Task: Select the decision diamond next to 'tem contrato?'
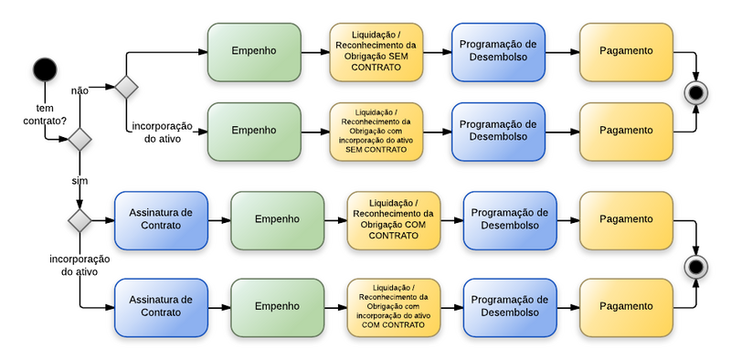point(79,140)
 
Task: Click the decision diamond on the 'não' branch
point(125,87)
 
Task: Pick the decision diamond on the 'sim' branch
point(79,220)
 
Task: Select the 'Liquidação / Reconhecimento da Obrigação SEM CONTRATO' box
point(376,51)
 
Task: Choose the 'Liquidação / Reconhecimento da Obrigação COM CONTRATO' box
point(393,220)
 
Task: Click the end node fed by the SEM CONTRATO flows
point(697,91)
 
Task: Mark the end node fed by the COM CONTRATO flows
point(697,266)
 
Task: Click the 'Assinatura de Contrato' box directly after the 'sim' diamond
point(160,220)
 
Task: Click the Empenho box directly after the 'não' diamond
point(253,51)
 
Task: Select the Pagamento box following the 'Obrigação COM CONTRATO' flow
point(626,220)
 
